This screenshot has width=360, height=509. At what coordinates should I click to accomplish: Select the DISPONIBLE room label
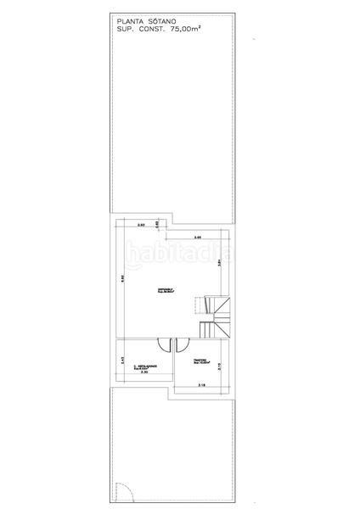tap(166, 292)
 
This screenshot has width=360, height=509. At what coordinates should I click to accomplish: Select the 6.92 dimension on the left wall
tap(122, 280)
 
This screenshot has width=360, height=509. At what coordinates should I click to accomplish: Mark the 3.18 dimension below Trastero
tap(201, 386)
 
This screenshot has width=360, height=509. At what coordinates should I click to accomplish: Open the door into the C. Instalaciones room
tap(163, 344)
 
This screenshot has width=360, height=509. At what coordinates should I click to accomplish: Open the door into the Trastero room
tap(178, 344)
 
